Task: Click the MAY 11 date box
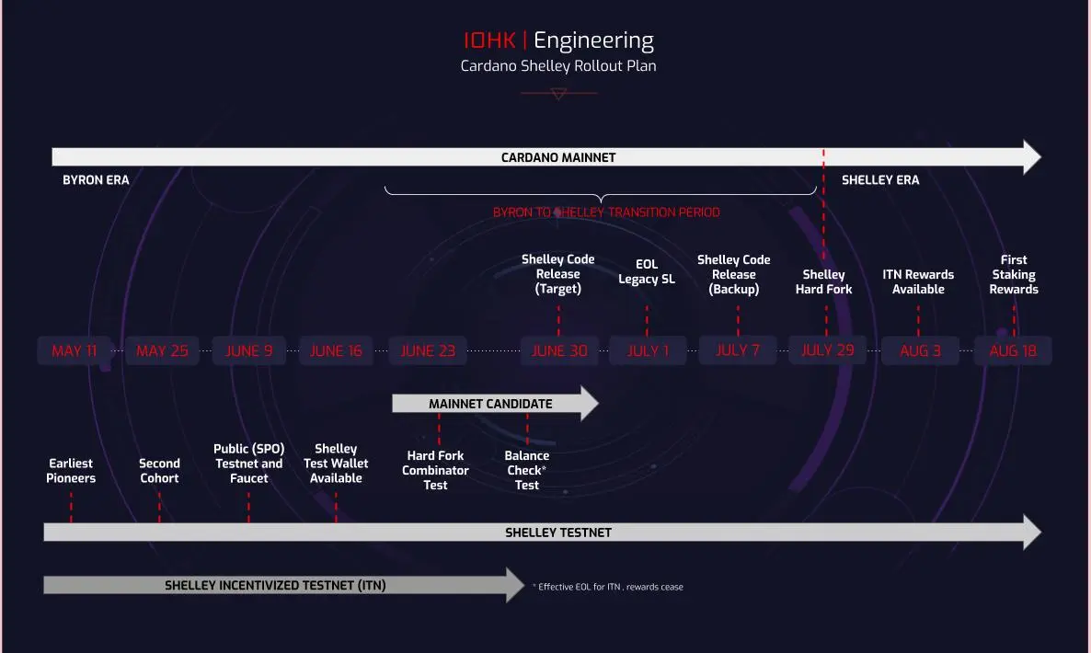[x=75, y=350]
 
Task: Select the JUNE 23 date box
[x=428, y=350]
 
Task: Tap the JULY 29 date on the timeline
[x=827, y=350]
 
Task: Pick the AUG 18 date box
[x=1013, y=350]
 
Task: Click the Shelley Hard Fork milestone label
[x=823, y=281]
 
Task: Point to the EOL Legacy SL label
[x=647, y=271]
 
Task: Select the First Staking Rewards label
[x=1014, y=274]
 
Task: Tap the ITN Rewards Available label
[x=918, y=281]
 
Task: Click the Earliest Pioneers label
[x=71, y=471]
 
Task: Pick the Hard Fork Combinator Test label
[x=435, y=470]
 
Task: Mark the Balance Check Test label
[x=527, y=470]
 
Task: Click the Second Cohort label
[x=159, y=471]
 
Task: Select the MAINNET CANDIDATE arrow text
[x=490, y=404]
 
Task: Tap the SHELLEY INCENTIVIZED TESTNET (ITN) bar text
[x=275, y=585]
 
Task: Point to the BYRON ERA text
[x=96, y=180]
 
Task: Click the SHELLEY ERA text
[x=880, y=180]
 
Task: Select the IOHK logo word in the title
[x=491, y=41]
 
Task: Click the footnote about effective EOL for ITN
[x=609, y=587]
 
